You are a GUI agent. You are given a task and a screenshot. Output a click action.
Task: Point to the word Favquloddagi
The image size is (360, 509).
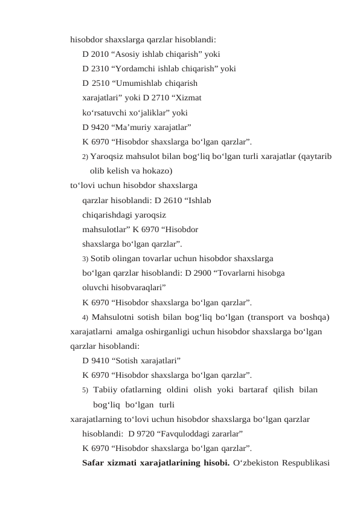[x=190, y=433]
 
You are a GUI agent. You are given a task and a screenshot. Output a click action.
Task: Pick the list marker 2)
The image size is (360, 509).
[x=85, y=157]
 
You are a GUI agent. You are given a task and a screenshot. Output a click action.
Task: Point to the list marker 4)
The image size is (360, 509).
[x=85, y=317]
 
